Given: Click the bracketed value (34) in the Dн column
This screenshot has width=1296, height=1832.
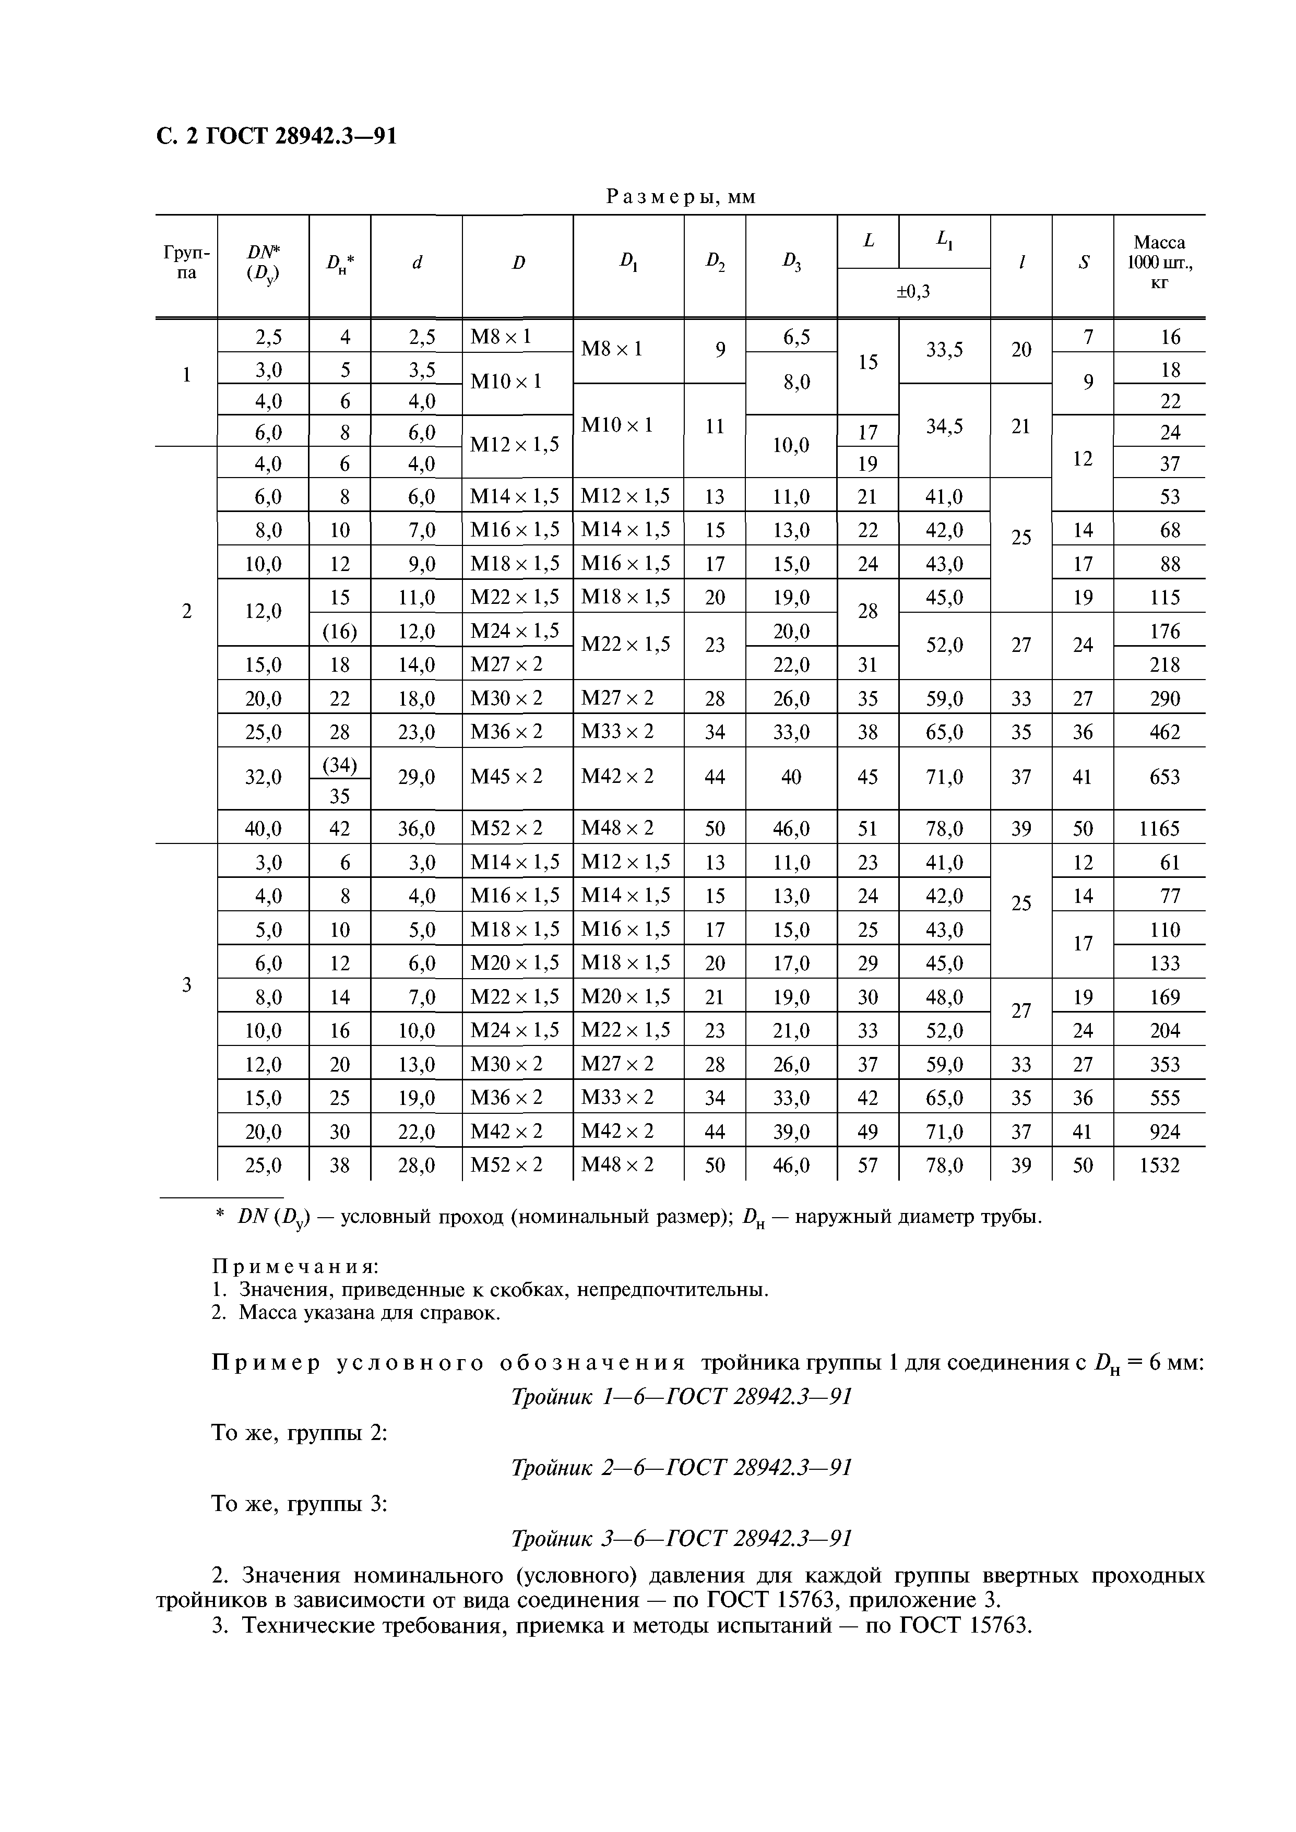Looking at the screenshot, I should [x=339, y=765].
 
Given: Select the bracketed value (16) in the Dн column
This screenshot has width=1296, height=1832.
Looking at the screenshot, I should [x=339, y=631].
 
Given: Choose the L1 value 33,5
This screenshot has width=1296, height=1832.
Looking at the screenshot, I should [x=944, y=350].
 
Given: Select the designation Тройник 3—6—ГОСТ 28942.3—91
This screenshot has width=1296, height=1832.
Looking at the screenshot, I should [x=681, y=1560].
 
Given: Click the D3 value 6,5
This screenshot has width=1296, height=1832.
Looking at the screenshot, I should [x=790, y=337].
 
